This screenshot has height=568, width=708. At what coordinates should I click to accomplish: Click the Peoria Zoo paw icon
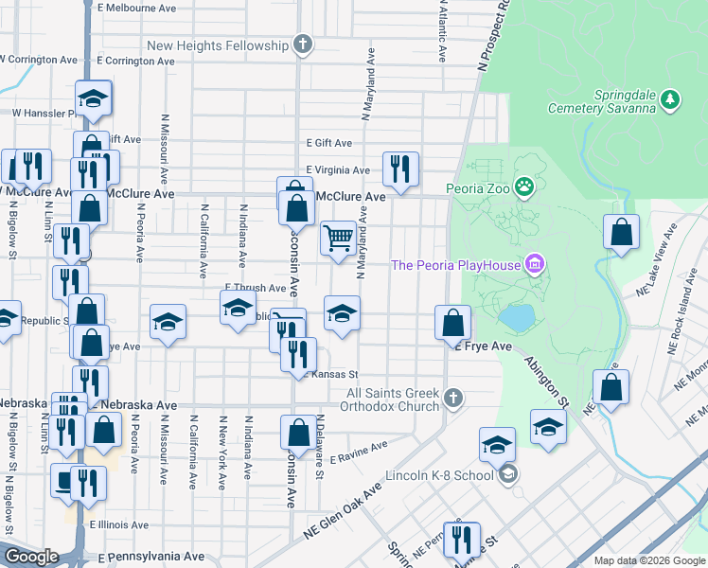(523, 187)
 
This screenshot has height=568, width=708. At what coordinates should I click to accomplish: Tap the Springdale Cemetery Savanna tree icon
(670, 98)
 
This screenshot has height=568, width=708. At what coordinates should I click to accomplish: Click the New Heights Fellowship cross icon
(302, 44)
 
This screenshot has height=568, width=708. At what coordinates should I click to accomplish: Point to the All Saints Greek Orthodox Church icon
(453, 399)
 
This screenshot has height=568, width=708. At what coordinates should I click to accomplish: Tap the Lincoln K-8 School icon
(508, 474)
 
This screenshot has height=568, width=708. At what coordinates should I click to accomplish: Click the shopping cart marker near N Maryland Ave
(338, 238)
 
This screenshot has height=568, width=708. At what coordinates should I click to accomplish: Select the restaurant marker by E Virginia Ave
(400, 169)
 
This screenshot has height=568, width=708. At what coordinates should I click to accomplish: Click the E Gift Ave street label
(328, 143)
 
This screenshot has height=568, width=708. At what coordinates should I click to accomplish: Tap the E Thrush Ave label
(255, 288)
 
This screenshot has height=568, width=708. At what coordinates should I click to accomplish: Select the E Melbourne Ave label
(136, 8)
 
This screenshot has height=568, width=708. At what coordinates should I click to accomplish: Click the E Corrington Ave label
(135, 61)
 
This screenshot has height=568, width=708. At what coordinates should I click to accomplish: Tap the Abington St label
(546, 380)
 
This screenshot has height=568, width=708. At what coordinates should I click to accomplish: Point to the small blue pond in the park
(516, 318)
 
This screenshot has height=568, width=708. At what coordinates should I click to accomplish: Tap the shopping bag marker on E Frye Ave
(453, 323)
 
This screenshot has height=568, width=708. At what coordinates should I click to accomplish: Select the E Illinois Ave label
(119, 524)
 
